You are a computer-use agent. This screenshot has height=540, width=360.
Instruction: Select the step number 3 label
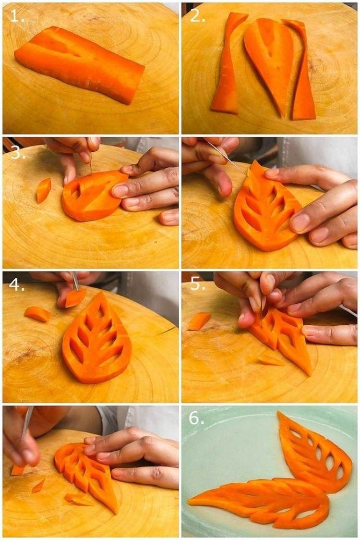[16, 153]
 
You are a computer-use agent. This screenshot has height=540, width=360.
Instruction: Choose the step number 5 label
[197, 284]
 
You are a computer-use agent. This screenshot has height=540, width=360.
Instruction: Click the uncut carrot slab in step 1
[79, 63]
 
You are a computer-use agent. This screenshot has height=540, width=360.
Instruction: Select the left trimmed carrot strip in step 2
[228, 65]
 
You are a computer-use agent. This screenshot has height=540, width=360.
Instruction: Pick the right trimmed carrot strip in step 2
[302, 72]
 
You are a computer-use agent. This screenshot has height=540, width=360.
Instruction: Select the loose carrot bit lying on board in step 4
[37, 314]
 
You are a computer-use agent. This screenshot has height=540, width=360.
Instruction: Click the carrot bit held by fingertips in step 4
[75, 297]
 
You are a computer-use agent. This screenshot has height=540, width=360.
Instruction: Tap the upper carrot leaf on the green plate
[312, 454]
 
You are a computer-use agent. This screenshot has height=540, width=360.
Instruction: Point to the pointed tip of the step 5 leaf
[308, 372]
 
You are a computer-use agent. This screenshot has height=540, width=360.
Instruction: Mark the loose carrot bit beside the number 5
[199, 321]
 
